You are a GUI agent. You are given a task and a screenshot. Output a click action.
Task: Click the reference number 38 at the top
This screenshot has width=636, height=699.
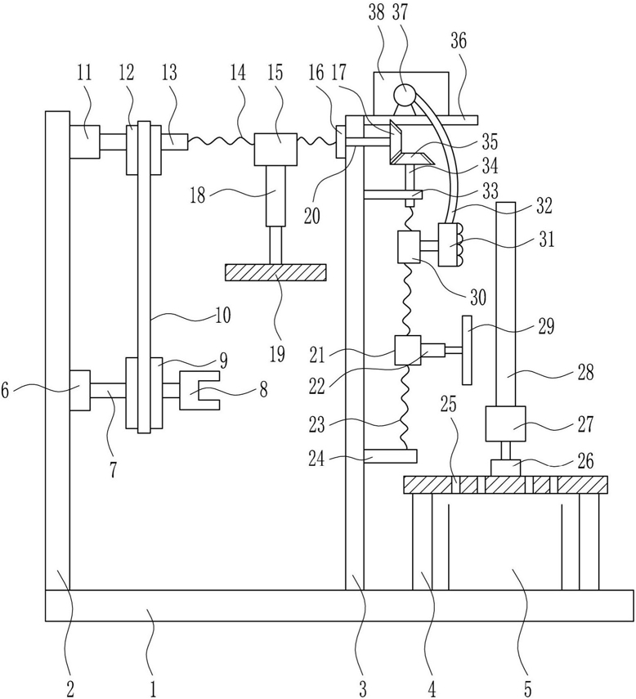377,13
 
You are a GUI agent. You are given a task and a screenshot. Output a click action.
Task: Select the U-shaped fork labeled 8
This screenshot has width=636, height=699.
199,391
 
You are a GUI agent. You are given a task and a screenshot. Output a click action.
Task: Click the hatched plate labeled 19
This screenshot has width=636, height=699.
275,272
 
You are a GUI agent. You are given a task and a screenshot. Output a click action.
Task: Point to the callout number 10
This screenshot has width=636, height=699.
223,316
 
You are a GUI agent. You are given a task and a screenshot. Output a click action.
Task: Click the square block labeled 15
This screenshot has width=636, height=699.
275,149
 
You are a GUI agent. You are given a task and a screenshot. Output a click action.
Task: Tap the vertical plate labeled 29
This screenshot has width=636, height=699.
467,350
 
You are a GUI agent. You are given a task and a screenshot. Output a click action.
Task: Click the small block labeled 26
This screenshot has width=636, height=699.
506,468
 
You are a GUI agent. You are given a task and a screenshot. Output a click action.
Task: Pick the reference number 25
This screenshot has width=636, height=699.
450,405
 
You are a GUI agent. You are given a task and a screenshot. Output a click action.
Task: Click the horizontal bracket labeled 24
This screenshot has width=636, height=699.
391,456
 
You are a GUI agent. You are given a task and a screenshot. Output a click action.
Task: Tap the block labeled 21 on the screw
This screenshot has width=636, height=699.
408,351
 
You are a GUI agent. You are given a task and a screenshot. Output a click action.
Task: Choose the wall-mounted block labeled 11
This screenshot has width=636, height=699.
85,141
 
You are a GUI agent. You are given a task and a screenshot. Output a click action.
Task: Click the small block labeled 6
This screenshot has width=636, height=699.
80,390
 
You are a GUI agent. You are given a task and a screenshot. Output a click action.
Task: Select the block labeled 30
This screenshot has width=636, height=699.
409,247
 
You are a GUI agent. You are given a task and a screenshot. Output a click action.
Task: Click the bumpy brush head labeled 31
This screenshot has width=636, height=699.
450,244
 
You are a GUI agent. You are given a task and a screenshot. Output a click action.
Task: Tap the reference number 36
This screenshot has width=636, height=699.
459,41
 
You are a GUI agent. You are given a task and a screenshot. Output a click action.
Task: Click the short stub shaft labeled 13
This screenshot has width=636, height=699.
174,141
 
